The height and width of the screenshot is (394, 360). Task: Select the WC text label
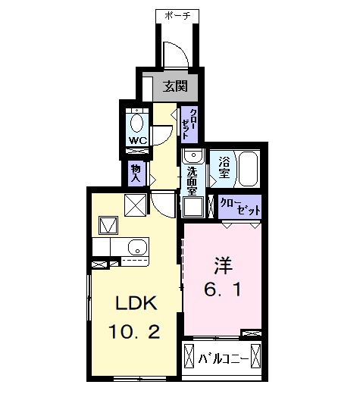point(137,140)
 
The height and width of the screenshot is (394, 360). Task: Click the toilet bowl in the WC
point(138,123)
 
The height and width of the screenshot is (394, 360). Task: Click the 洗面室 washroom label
point(192,180)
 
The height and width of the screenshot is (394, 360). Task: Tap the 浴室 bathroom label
point(224,169)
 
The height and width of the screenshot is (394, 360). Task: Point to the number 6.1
point(222,289)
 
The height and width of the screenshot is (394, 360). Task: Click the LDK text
point(136,303)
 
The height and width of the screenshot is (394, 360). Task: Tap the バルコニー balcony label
point(222,357)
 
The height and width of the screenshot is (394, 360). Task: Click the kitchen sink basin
point(137,247)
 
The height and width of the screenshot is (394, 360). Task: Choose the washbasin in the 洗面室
point(193,157)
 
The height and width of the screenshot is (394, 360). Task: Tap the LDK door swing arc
point(164,205)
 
